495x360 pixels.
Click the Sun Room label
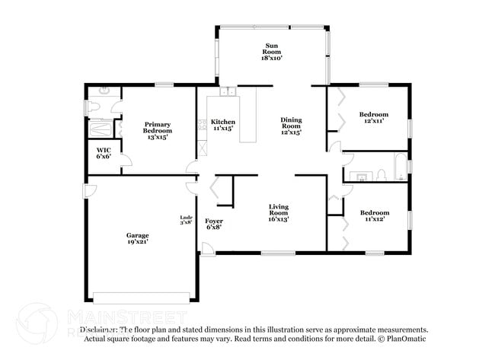click(272, 51)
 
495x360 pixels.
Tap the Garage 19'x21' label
click(137, 240)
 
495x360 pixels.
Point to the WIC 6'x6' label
click(104, 154)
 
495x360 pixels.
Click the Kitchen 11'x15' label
click(223, 126)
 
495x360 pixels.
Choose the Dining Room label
click(291, 126)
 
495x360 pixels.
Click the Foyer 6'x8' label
click(214, 225)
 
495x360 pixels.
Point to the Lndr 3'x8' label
click(186, 220)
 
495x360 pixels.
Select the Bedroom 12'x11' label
click(373, 117)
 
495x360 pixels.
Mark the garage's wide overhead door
click(141, 295)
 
